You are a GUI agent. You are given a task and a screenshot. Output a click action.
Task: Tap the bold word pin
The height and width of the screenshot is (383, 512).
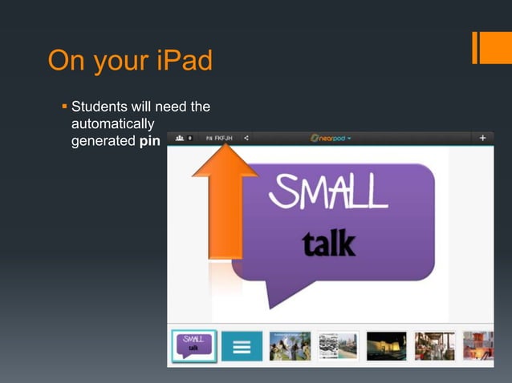(148, 141)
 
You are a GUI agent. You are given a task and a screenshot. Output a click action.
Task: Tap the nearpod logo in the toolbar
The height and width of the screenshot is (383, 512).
(331, 138)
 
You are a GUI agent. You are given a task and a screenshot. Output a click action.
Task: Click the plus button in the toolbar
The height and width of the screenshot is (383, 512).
(483, 138)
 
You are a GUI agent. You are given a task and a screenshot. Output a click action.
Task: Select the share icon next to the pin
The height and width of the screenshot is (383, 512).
(246, 138)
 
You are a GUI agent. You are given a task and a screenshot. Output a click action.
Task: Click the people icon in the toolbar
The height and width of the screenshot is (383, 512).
(180, 138)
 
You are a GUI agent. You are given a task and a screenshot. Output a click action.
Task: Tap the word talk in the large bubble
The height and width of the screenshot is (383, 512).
(329, 243)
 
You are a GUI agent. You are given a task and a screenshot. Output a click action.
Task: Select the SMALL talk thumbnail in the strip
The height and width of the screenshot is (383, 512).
(193, 346)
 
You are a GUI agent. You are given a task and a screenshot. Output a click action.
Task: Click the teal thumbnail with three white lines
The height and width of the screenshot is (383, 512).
(242, 346)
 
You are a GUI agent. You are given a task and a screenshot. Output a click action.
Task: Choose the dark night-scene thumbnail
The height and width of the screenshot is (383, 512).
(386, 346)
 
